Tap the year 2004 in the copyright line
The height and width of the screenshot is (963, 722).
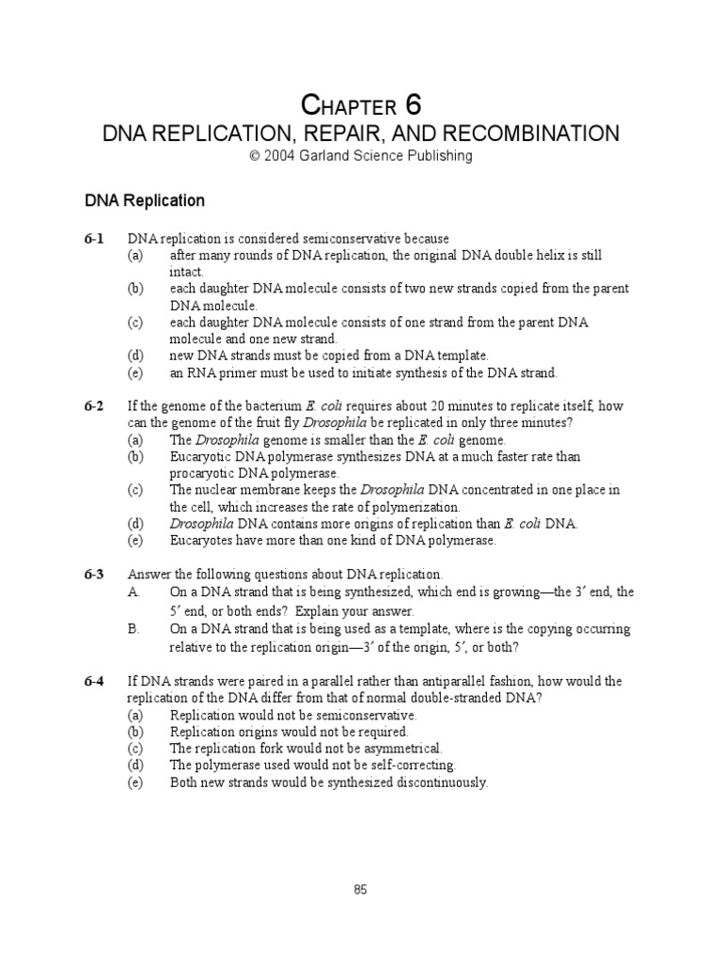click(280, 156)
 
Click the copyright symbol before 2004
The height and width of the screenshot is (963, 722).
click(254, 156)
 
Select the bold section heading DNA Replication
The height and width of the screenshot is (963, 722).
click(145, 200)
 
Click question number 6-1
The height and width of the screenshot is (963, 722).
click(93, 239)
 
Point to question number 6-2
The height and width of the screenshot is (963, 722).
click(93, 406)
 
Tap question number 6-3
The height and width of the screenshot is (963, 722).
click(93, 574)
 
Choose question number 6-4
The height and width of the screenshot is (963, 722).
click(93, 681)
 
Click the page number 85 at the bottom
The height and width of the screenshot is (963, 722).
click(361, 891)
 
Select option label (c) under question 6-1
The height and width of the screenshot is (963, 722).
click(136, 323)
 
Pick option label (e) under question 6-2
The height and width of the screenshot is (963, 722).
click(136, 541)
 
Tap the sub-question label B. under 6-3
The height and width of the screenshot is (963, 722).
click(133, 629)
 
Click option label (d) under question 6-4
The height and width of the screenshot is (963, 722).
click(136, 766)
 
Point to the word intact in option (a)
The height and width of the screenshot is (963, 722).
click(185, 272)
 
